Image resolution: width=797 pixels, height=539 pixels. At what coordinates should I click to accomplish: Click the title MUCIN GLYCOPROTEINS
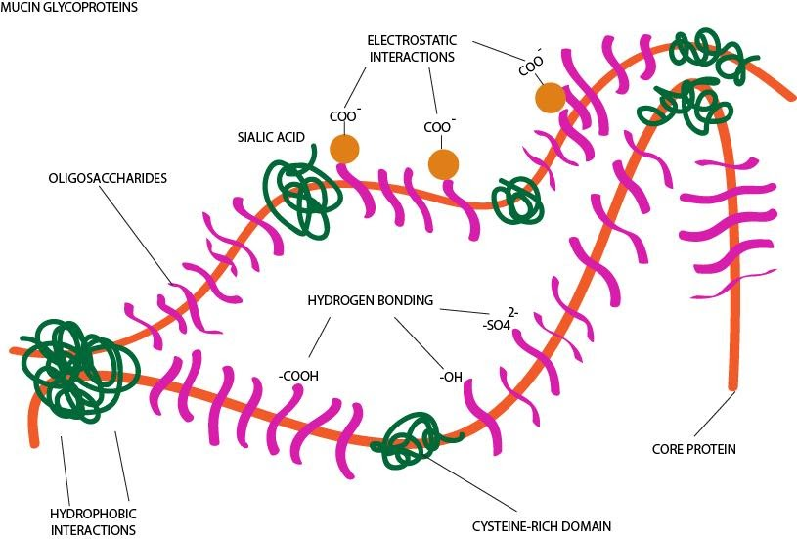click(68, 8)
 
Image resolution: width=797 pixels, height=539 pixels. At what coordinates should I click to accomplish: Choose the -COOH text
click(298, 376)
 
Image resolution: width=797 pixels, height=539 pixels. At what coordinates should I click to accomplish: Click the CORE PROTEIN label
click(693, 449)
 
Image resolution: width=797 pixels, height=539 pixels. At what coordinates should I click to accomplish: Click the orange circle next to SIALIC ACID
click(344, 148)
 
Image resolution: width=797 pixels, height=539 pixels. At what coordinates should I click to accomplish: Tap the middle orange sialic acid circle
click(442, 163)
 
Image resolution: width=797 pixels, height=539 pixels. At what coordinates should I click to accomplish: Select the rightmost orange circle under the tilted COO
click(550, 97)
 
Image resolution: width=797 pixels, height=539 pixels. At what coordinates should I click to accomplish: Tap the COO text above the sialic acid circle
click(342, 116)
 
